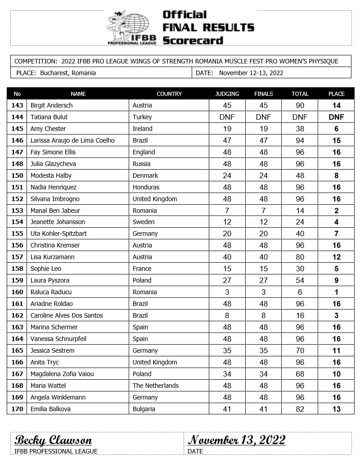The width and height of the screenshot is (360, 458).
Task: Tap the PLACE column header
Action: [x=336, y=94]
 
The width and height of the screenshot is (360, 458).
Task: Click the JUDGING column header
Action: [x=227, y=94]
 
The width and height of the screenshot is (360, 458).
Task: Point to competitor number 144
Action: [x=18, y=117]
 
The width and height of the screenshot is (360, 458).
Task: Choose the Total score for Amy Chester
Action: [x=300, y=129]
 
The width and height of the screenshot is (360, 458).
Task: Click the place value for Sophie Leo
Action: [x=336, y=269]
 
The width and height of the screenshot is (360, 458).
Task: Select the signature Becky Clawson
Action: [x=53, y=440]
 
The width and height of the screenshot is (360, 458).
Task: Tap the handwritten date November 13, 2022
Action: [x=237, y=440]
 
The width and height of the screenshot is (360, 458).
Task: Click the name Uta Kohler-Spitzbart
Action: [x=58, y=233]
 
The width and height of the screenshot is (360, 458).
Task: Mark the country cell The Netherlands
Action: [x=155, y=386]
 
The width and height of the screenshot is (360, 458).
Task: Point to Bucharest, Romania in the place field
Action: [x=67, y=73]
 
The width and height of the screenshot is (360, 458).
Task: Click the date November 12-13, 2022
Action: [x=251, y=73]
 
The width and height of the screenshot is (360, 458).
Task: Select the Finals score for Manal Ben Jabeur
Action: [x=264, y=211]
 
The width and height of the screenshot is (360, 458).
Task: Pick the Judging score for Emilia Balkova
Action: [x=227, y=409]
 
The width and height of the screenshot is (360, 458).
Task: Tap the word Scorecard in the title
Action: [x=193, y=40]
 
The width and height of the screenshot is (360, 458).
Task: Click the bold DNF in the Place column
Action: [x=336, y=117]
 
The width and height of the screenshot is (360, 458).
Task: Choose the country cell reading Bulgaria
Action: [x=144, y=409]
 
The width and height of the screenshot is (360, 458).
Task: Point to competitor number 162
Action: [x=18, y=315]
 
